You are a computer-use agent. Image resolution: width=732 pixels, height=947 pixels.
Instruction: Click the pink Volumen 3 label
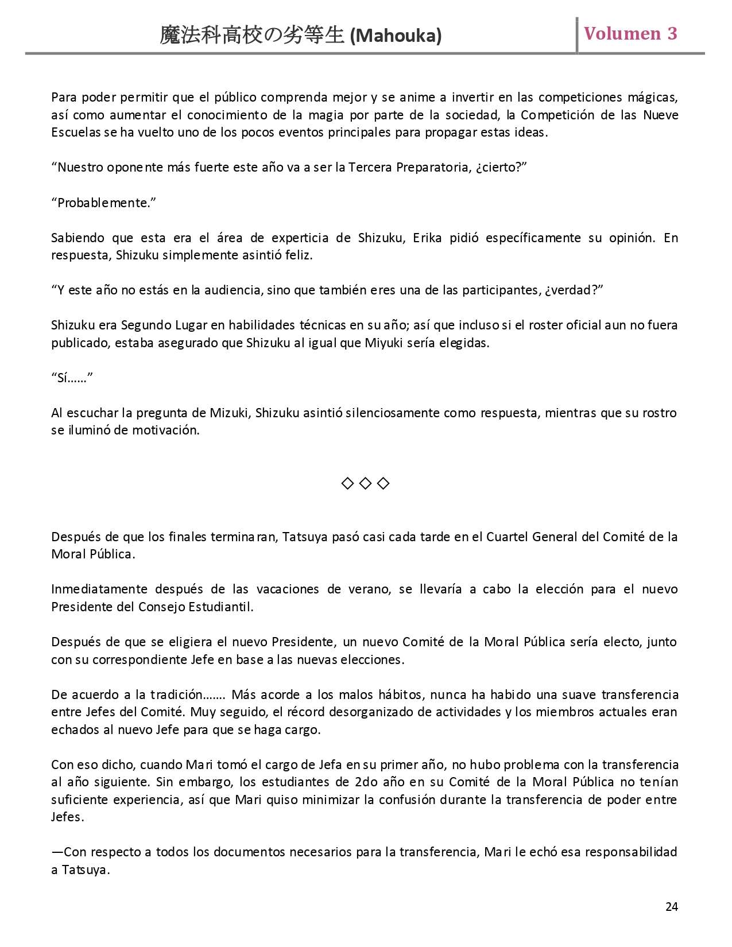click(x=630, y=34)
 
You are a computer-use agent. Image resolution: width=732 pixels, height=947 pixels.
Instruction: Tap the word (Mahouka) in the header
click(x=396, y=36)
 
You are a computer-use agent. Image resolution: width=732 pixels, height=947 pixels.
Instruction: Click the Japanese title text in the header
click(x=253, y=36)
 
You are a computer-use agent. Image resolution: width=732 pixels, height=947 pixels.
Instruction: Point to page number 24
click(x=672, y=906)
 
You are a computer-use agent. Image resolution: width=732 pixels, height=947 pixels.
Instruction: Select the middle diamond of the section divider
click(x=365, y=484)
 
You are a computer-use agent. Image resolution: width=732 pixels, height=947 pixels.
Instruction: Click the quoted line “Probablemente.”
click(x=104, y=203)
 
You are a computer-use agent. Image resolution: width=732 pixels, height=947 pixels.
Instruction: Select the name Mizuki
click(x=229, y=413)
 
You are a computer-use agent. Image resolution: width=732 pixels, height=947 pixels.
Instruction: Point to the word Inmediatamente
click(x=98, y=589)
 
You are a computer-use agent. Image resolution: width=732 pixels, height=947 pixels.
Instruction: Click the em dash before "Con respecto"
click(x=57, y=852)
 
